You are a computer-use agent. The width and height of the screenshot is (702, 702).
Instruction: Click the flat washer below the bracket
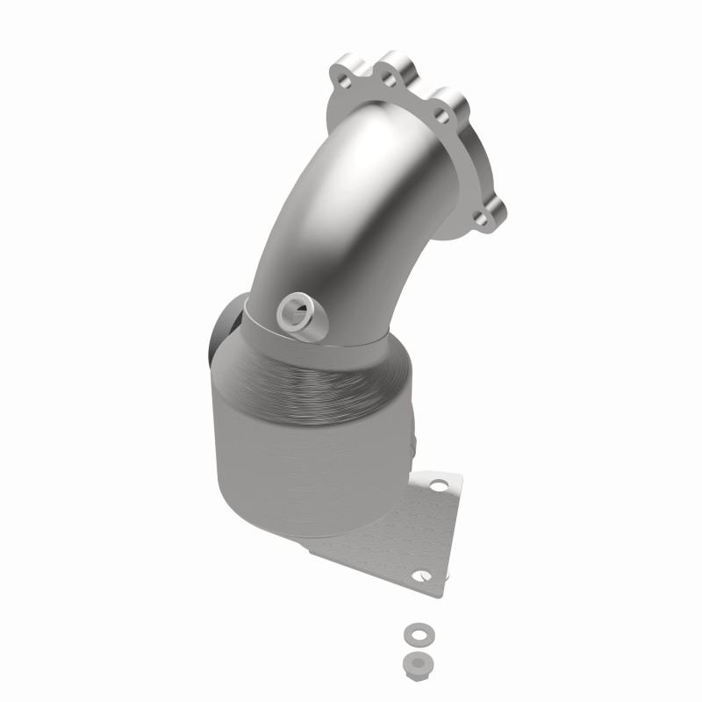[412, 633]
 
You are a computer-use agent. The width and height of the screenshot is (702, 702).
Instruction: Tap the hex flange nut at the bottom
[412, 661]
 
